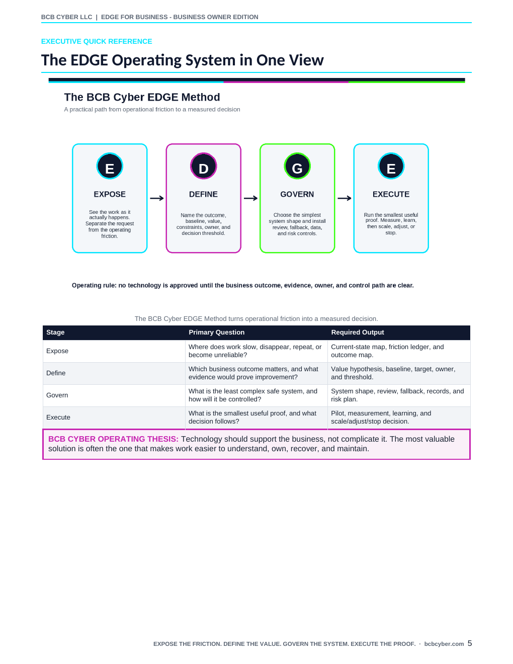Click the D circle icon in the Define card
point(203,166)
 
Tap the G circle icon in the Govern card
point(297,166)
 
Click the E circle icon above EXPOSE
point(110,166)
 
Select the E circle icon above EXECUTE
point(391,166)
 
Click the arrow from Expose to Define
point(157,198)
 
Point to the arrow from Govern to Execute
point(345,198)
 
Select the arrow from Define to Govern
point(250,198)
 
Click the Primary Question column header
point(216,332)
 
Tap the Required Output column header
point(358,332)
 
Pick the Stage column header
point(55,332)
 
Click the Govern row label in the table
point(57,395)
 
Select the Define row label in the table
point(56,373)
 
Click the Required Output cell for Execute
point(381,417)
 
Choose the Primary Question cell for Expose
point(255,351)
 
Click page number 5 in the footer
point(470,643)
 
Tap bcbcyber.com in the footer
point(444,644)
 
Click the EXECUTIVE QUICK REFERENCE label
point(97,41)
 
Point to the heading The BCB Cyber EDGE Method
point(142,97)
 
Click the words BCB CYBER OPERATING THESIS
point(113,439)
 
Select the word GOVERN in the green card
point(297,194)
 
